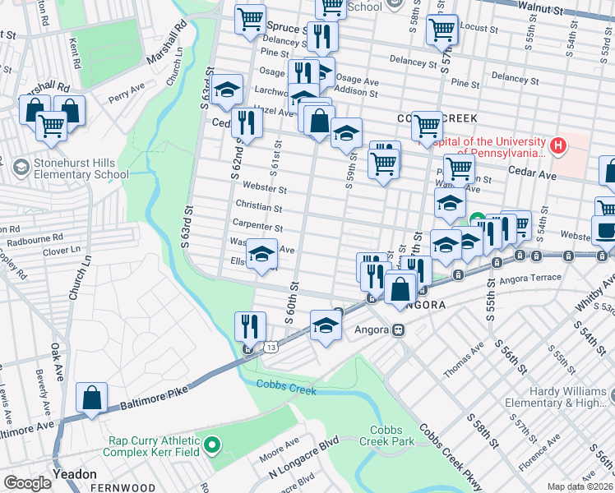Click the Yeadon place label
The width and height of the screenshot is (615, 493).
click(x=74, y=474)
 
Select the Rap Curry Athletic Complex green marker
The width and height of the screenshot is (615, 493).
click(x=212, y=446)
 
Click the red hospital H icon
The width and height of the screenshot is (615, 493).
click(x=559, y=146)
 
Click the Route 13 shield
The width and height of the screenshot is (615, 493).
click(x=271, y=348)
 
